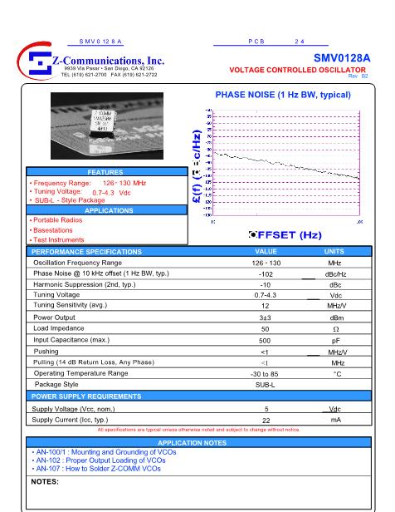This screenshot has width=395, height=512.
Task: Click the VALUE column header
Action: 266,250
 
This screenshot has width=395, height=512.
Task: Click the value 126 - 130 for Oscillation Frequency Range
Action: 266,261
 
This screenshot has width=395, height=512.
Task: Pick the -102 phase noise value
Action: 266,273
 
